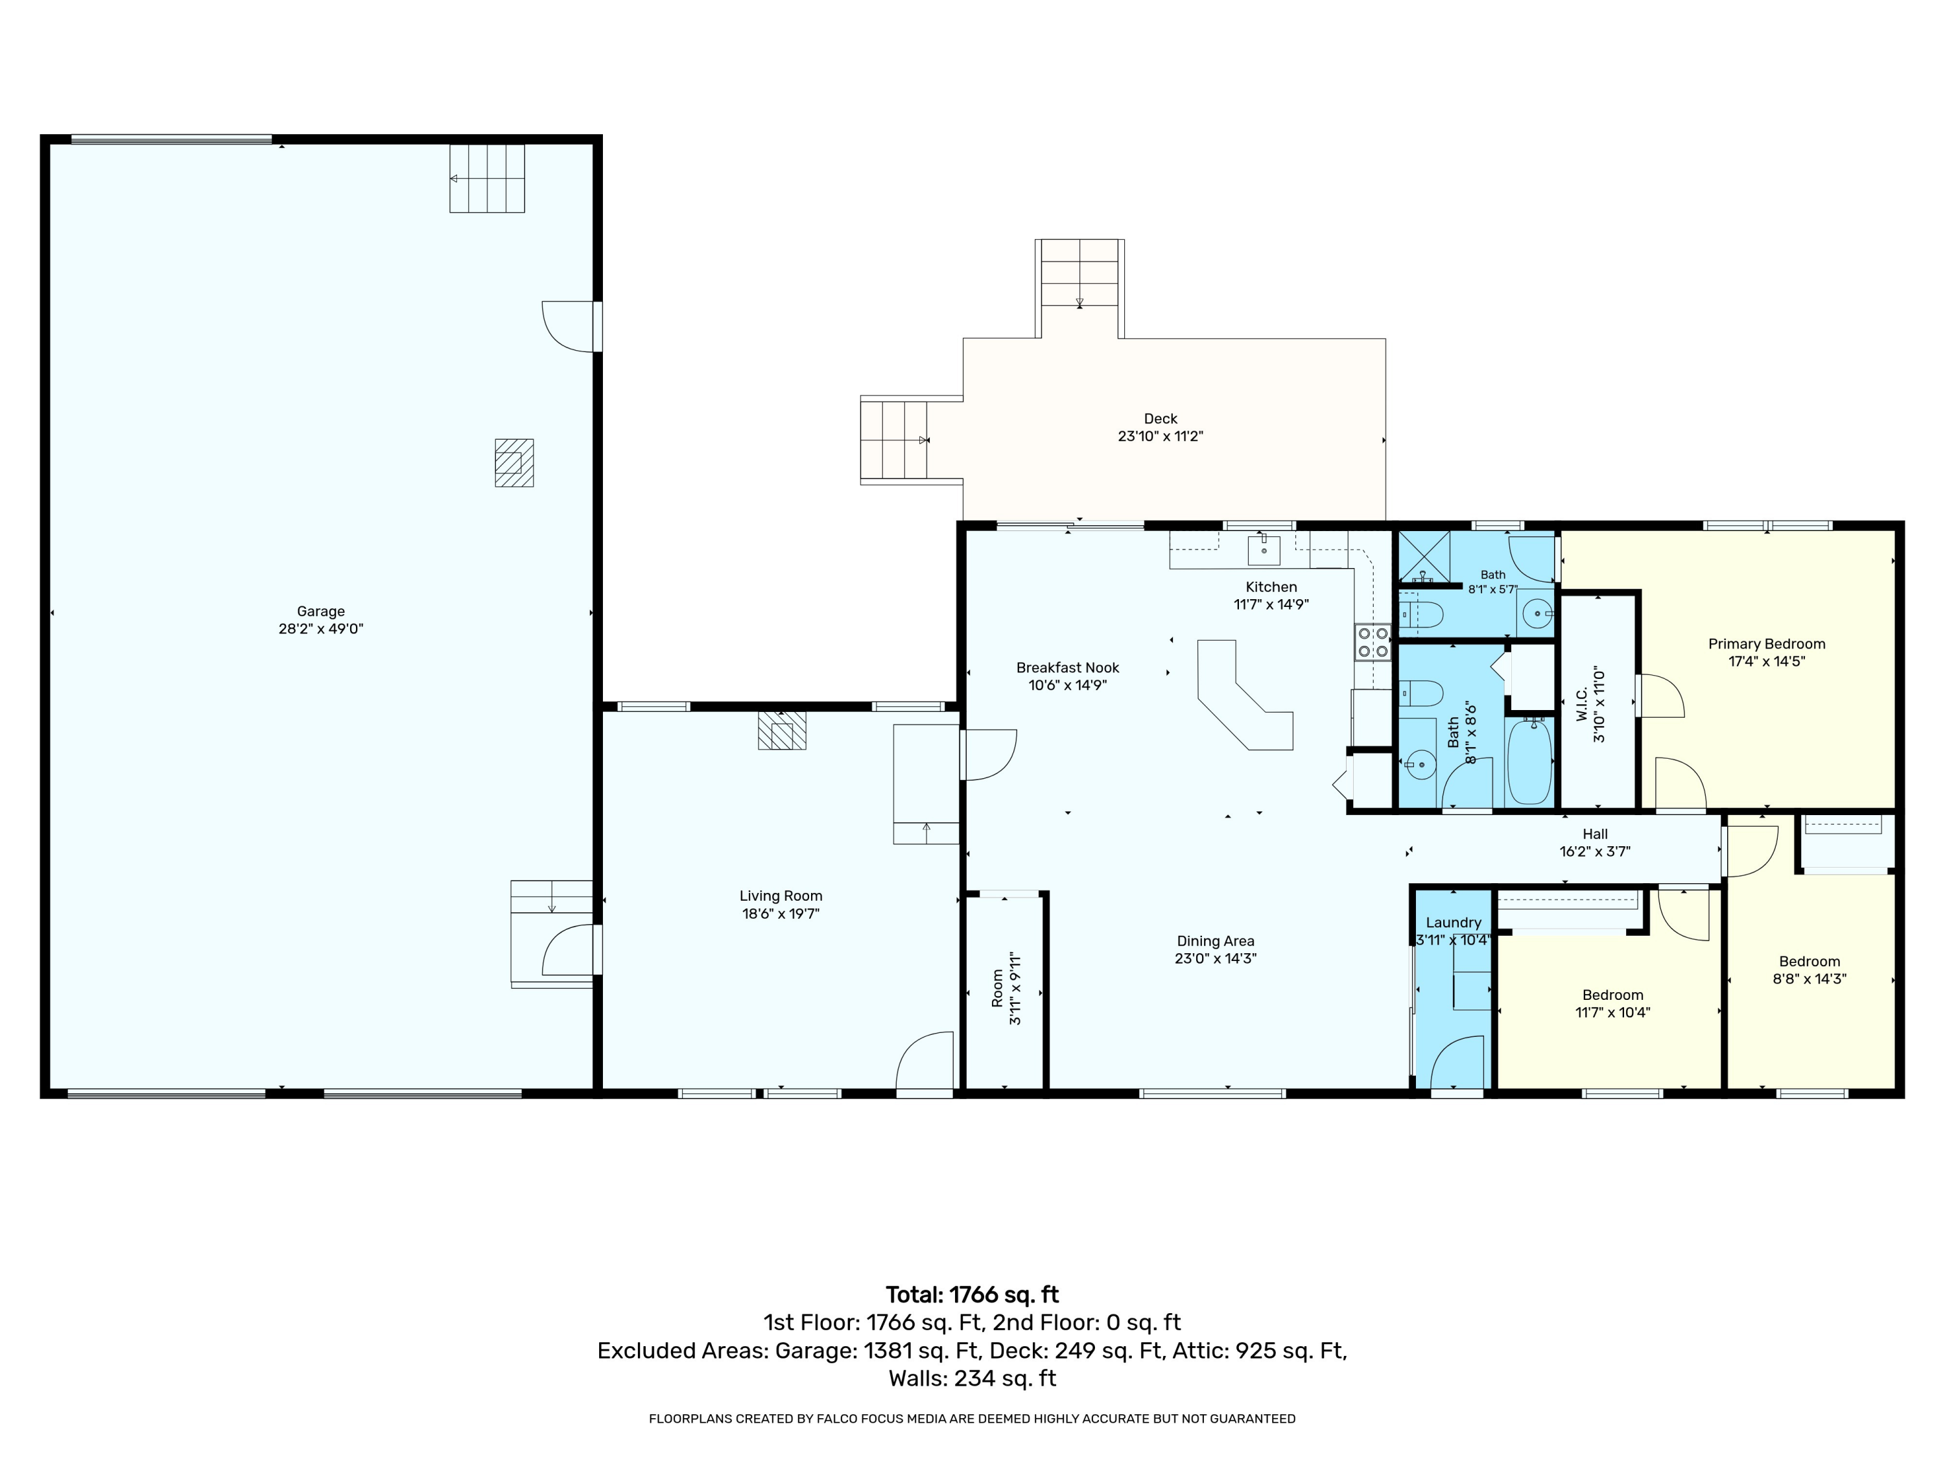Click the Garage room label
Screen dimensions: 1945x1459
[x=320, y=611]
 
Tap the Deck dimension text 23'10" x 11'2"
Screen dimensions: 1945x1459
[x=1160, y=436]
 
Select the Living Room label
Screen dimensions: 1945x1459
[x=781, y=896]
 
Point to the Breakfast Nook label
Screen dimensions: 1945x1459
[x=1067, y=667]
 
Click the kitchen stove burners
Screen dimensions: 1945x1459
[x=1372, y=642]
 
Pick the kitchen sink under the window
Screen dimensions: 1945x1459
[x=1264, y=551]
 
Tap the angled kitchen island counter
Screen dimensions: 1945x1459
[x=1244, y=694]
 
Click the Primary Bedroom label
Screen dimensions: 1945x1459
[x=1767, y=644]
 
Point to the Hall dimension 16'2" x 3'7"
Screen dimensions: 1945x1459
[x=1595, y=851]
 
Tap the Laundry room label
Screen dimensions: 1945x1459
[x=1454, y=923]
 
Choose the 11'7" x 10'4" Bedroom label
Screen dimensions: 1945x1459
[x=1612, y=995]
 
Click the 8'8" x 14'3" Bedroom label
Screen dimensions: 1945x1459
[x=1809, y=961]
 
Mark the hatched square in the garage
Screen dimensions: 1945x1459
[x=513, y=462]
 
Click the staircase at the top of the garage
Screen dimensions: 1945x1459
[x=487, y=178]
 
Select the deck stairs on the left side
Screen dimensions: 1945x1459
[x=895, y=440]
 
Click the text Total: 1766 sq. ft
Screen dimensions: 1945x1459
[x=972, y=1294]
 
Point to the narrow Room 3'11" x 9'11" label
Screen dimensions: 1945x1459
[x=997, y=988]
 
